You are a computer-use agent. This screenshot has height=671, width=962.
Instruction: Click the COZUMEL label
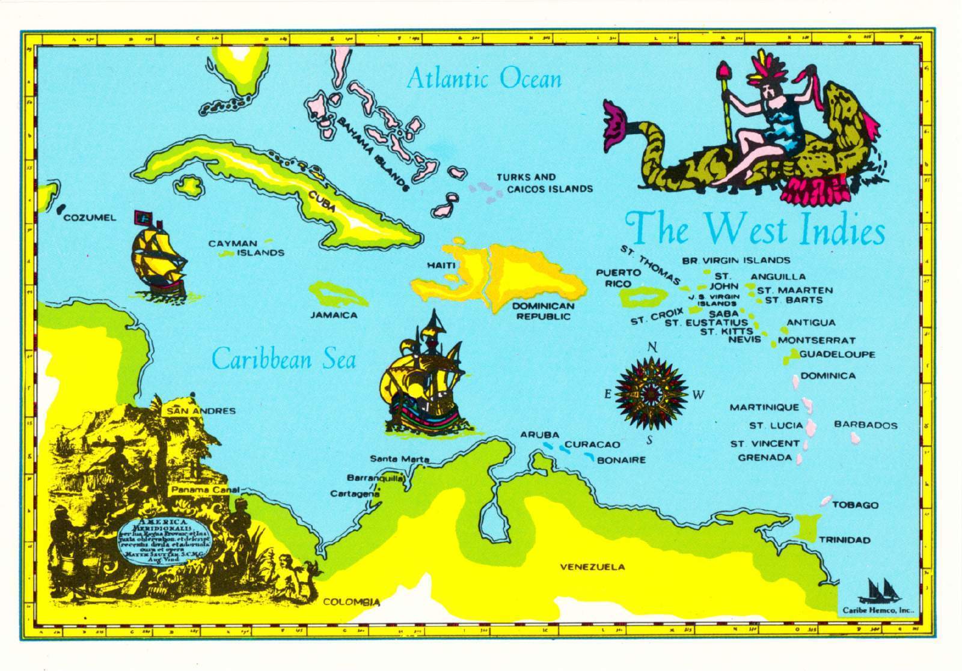tap(90, 217)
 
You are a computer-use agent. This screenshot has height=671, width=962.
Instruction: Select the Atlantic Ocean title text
tap(483, 79)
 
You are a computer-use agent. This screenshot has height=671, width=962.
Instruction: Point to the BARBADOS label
tap(865, 425)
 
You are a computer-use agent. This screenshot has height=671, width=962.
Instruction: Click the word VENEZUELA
tap(592, 566)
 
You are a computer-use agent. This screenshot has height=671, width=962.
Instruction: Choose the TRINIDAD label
tap(844, 540)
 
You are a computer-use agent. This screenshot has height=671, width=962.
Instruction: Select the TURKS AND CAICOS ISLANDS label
tap(544, 183)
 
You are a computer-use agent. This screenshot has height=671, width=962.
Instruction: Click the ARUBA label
tap(539, 434)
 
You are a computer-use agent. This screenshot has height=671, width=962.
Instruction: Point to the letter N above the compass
tap(652, 347)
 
